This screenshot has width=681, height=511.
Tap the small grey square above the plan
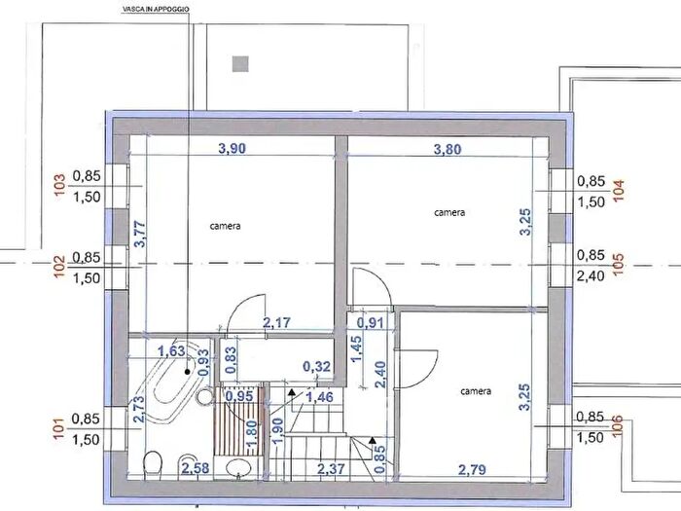[x=240, y=64]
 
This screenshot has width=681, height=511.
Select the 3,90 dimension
[x=231, y=149]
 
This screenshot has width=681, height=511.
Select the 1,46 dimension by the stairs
[x=318, y=397]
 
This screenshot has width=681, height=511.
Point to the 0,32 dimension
[x=317, y=366]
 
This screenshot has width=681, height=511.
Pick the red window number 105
[x=617, y=265]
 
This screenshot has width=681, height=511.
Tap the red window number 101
[x=59, y=428]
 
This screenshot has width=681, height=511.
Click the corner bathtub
[x=171, y=385]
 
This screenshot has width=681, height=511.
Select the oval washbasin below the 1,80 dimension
[x=237, y=469]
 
